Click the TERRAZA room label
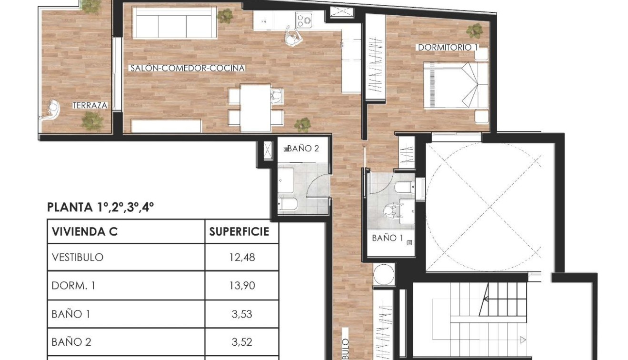[x=90, y=106]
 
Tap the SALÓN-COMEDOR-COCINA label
[x=188, y=68]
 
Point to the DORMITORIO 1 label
[x=448, y=48]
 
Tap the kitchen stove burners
[x=303, y=20]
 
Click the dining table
[x=255, y=108]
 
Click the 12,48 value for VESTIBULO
[x=242, y=258]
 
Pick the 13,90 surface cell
[x=242, y=286]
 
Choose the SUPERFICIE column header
[x=239, y=232]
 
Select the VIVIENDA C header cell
[x=85, y=232]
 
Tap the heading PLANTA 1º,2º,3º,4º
[x=101, y=207]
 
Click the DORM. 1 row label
[x=73, y=286]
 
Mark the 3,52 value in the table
[x=242, y=342]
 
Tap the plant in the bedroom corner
[x=474, y=31]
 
